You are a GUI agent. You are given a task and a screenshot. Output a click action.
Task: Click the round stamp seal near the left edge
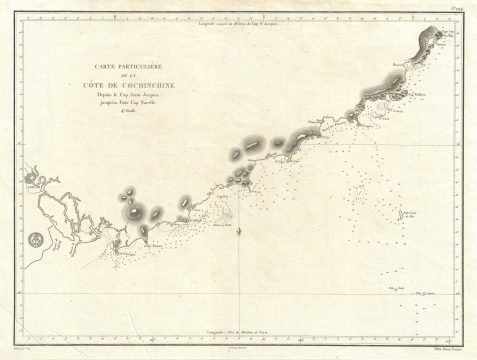[x=37, y=240]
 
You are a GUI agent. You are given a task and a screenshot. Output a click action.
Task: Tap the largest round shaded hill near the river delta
[x=132, y=211]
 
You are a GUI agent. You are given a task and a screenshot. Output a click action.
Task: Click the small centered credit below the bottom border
[x=238, y=346]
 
